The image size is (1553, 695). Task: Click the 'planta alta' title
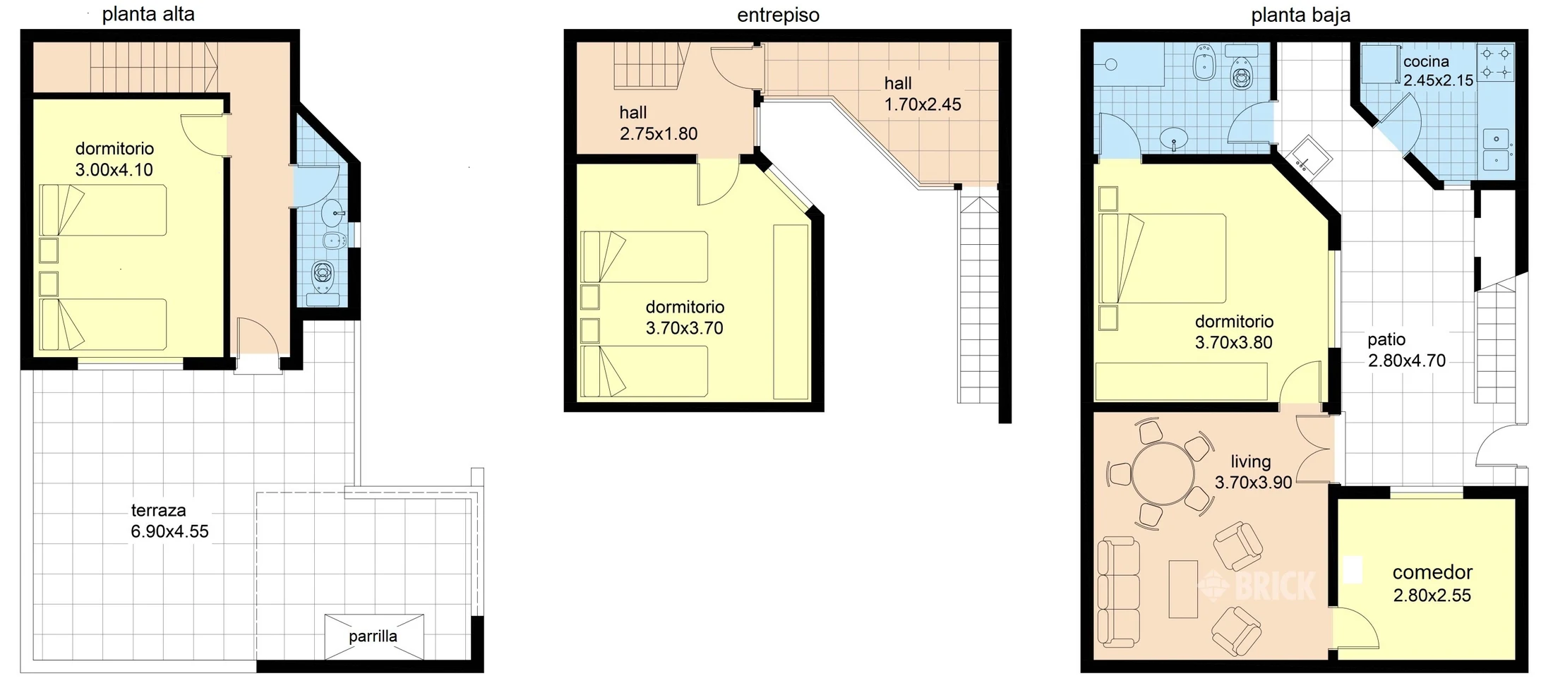pyautogui.click(x=148, y=15)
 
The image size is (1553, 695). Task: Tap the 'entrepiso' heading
pyautogui.click(x=778, y=16)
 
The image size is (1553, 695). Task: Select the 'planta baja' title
pyautogui.click(x=1300, y=16)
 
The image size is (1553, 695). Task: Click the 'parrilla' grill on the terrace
pyautogui.click(x=374, y=636)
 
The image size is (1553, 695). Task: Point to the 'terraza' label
pyautogui.click(x=159, y=510)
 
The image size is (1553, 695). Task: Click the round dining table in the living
pyautogui.click(x=1163, y=473)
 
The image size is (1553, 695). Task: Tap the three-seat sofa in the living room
pyautogui.click(x=1119, y=592)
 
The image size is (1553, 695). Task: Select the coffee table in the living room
pyautogui.click(x=1183, y=589)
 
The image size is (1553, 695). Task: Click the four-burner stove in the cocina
pyautogui.click(x=1496, y=62)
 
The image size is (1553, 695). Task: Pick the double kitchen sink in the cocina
pyautogui.click(x=1496, y=150)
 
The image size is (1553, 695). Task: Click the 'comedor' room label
pyautogui.click(x=1432, y=572)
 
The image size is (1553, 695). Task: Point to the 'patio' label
pyautogui.click(x=1386, y=339)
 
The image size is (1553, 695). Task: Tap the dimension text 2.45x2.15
pyautogui.click(x=1439, y=80)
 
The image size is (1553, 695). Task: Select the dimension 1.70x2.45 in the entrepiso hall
pyautogui.click(x=923, y=104)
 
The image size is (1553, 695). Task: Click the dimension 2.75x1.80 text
pyautogui.click(x=659, y=134)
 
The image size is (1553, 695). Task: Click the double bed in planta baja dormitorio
pyautogui.click(x=1163, y=258)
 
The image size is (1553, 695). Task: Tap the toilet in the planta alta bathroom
pyautogui.click(x=324, y=275)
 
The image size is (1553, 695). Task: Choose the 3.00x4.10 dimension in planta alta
pyautogui.click(x=114, y=170)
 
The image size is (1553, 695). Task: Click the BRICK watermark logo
pyautogui.click(x=1257, y=585)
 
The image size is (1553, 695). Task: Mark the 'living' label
pyautogui.click(x=1251, y=461)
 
